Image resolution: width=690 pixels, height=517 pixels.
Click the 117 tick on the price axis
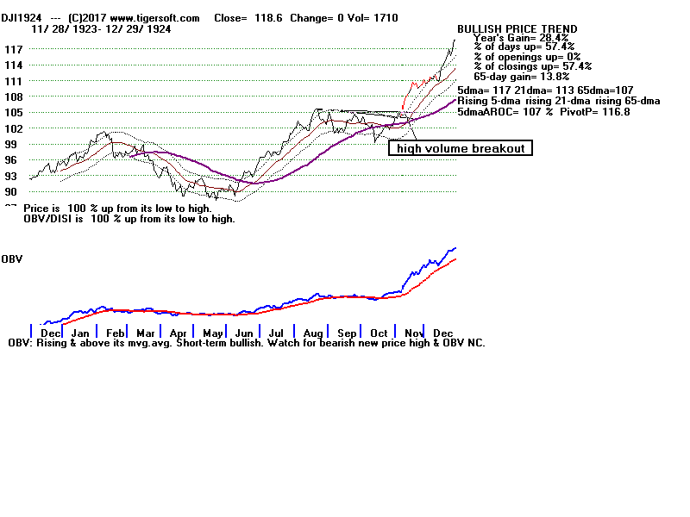click(x=13, y=49)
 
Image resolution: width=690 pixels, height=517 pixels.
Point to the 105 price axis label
click(x=13, y=112)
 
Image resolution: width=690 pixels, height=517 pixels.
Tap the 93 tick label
click(x=13, y=176)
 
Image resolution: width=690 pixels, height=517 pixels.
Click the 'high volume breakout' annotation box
click(x=460, y=148)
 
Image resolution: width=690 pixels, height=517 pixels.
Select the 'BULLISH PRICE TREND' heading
click(x=517, y=29)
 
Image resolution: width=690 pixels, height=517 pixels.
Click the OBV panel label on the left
click(x=11, y=258)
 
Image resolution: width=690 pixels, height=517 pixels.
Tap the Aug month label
click(x=313, y=333)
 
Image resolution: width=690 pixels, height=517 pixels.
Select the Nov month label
click(x=415, y=333)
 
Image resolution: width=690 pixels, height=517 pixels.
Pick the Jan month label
click(x=80, y=333)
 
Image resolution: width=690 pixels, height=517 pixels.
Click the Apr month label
click(x=179, y=333)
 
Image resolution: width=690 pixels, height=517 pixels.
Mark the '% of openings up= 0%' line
click(x=529, y=58)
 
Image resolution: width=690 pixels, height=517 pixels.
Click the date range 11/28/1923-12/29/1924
click(x=101, y=28)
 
